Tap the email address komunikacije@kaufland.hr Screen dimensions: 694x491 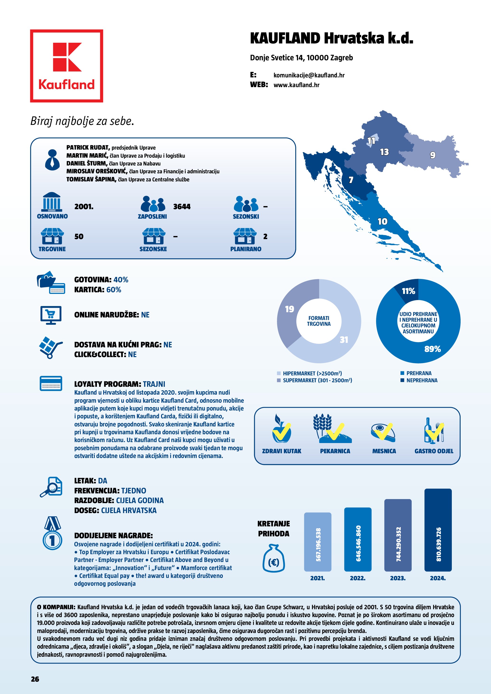click(309, 75)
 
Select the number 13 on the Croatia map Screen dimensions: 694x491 click(384, 152)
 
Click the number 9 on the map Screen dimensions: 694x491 click(433, 155)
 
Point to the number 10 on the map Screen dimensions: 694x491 click(382, 222)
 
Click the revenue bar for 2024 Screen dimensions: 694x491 click(438, 530)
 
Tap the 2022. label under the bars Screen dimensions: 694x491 click(358, 578)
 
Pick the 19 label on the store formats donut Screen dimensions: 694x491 click(289, 309)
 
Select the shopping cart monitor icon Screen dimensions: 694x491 click(51, 315)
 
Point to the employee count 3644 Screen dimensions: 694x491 click(182, 207)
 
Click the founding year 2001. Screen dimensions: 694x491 click(84, 207)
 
